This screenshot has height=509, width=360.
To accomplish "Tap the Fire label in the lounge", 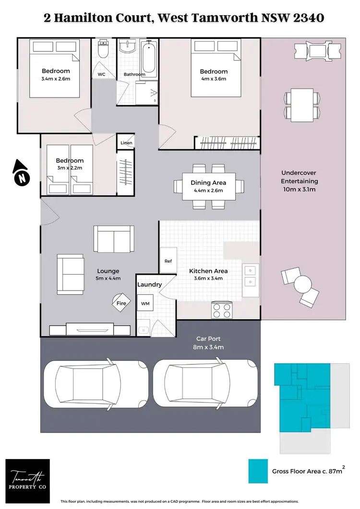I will (121, 303).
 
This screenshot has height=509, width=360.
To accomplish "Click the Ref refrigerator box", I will (168, 262).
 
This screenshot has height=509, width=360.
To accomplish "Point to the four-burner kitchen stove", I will (222, 310).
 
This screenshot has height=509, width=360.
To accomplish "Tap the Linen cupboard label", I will (126, 143).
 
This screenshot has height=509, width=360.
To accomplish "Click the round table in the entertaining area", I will (302, 283).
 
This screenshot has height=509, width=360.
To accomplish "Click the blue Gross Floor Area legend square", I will (258, 471).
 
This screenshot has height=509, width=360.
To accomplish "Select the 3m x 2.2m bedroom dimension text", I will (70, 168).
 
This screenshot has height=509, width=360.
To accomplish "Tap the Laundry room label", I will (149, 285).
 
